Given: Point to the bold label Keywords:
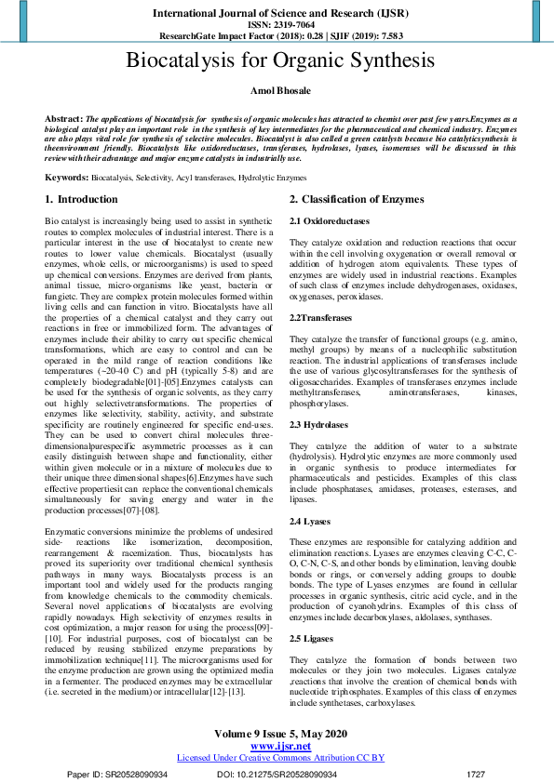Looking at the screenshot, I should pos(67,177).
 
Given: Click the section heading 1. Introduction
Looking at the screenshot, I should pos(82,200).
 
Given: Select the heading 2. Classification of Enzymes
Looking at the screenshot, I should pos(357,200).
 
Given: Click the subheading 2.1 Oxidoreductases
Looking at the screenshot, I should pos(330,220).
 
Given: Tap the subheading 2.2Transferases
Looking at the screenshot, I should pos(320,318).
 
